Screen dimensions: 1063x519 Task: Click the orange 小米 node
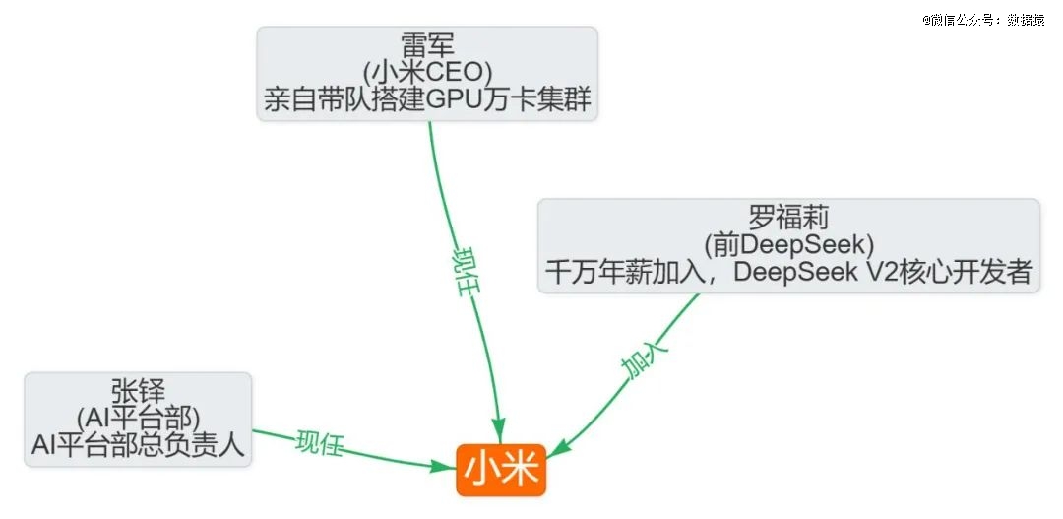501,470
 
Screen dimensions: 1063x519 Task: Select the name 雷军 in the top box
427,46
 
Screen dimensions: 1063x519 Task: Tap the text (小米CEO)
427,73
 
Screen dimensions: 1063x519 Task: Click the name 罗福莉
788,219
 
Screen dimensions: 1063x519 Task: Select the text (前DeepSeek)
788,245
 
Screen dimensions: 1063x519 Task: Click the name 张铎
138,391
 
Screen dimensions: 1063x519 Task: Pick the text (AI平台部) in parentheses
138,419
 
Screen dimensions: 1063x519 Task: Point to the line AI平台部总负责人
138,446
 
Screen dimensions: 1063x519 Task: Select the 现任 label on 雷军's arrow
467,272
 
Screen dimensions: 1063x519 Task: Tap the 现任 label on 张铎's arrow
319,443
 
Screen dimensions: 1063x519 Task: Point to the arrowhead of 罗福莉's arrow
557,449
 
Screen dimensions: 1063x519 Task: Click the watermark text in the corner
983,21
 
